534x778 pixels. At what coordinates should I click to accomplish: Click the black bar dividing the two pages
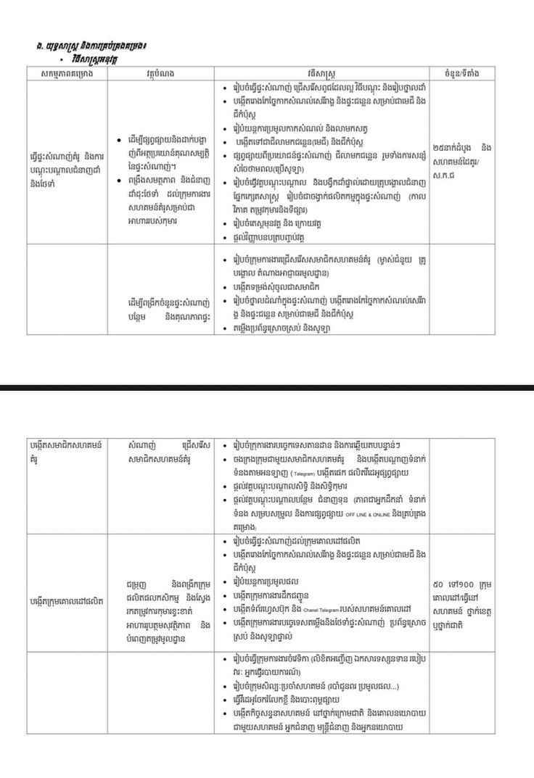click(267, 388)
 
